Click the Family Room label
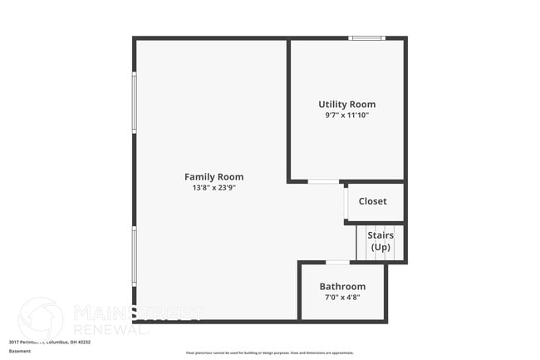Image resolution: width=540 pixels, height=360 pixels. (214, 177)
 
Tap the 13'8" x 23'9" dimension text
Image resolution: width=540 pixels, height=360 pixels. (214, 188)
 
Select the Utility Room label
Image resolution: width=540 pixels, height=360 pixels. (346, 105)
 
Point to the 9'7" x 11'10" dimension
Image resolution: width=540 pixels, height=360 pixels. (346, 116)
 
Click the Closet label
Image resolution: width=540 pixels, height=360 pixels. (372, 201)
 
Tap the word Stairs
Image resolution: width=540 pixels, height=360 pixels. (380, 235)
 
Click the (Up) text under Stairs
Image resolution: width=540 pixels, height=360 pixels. (380, 247)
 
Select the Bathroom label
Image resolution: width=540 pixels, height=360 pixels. (342, 287)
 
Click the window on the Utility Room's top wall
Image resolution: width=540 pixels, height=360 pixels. (366, 37)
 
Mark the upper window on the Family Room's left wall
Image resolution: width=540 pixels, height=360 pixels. (135, 102)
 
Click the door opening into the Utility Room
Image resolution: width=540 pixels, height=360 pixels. (323, 181)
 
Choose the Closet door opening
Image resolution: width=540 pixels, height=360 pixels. (346, 204)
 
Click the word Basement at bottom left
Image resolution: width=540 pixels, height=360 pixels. (20, 351)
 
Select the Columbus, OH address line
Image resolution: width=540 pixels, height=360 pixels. (50, 342)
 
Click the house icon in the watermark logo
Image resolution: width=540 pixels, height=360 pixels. (40, 318)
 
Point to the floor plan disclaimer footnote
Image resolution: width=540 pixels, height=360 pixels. (269, 353)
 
